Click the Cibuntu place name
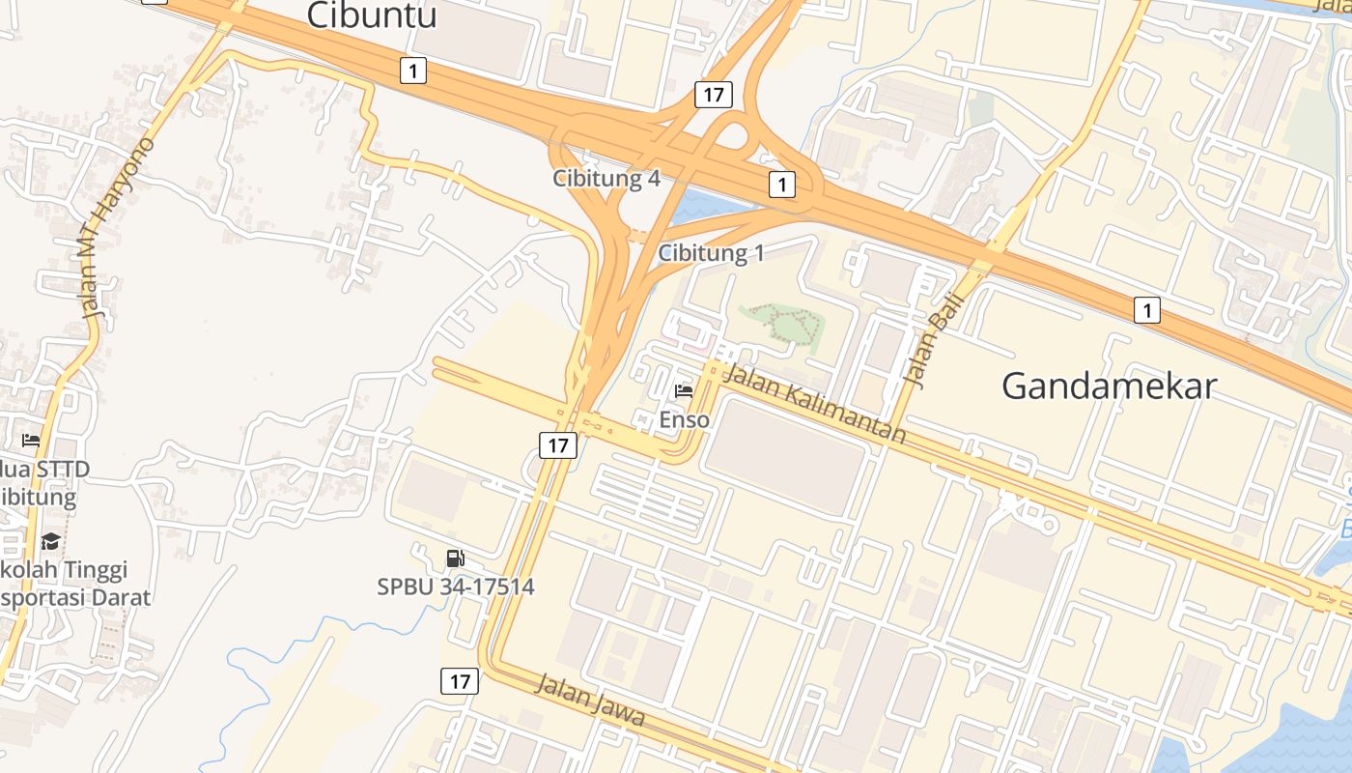pyautogui.click(x=372, y=15)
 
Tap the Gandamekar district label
pyautogui.click(x=1109, y=386)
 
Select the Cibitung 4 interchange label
pyautogui.click(x=606, y=179)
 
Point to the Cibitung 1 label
pyautogui.click(x=711, y=253)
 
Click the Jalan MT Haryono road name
pyautogui.click(x=118, y=229)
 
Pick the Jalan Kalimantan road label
pyautogui.click(x=814, y=403)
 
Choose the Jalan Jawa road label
pyautogui.click(x=589, y=701)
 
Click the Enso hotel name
pyautogui.click(x=684, y=420)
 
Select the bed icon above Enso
pyautogui.click(x=684, y=391)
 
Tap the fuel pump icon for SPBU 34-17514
pyautogui.click(x=455, y=558)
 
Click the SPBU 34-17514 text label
pyautogui.click(x=455, y=587)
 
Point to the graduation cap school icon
pyautogui.click(x=50, y=541)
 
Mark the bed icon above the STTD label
pyautogui.click(x=31, y=441)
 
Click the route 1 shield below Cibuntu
pyautogui.click(x=413, y=70)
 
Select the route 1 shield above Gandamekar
pyautogui.click(x=1146, y=310)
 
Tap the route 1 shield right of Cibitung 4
pyautogui.click(x=781, y=183)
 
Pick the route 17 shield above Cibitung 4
pyautogui.click(x=713, y=95)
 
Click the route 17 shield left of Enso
pyautogui.click(x=557, y=444)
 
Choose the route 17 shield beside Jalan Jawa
pyautogui.click(x=460, y=680)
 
